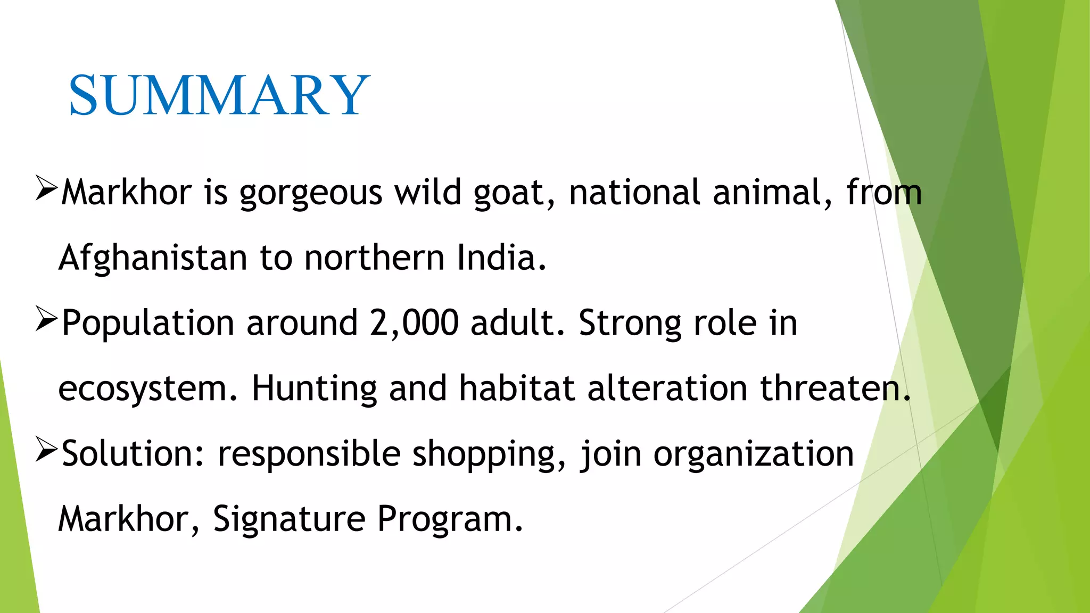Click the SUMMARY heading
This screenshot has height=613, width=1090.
[219, 95]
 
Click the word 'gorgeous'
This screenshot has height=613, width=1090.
[310, 193]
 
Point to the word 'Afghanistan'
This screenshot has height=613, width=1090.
[153, 258]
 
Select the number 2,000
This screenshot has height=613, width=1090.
[414, 323]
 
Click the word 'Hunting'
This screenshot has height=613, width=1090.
[314, 389]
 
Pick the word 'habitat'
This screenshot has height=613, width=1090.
[517, 388]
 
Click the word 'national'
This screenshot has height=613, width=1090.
[634, 192]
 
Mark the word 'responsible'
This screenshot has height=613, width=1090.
[309, 454]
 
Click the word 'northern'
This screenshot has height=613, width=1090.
[374, 258]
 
